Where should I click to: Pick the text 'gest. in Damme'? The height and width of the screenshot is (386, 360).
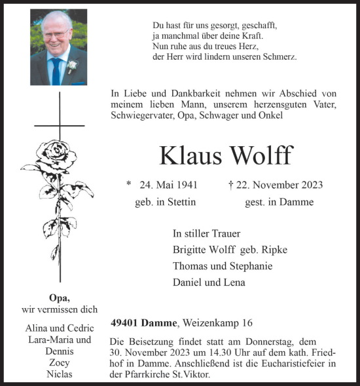[279, 202]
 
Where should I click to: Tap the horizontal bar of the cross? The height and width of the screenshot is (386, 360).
[60, 125]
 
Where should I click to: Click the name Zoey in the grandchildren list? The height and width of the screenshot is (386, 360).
[59, 362]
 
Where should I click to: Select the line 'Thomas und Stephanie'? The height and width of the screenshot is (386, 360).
[222, 266]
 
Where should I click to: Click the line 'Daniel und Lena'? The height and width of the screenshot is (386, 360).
[209, 282]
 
